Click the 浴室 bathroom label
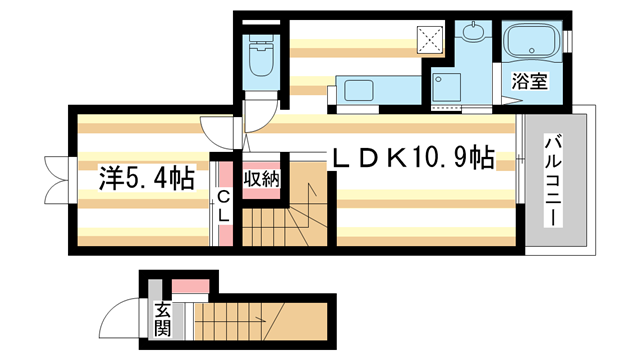point(529,81)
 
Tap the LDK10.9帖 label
point(413,158)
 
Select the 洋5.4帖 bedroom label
point(147,178)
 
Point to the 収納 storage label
point(262,179)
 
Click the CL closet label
point(223,207)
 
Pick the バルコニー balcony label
point(553,182)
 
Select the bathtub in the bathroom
point(532,41)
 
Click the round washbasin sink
point(473,32)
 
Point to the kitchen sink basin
point(359,90)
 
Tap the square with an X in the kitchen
point(430,40)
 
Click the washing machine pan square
point(447,87)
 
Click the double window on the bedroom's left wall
point(59,180)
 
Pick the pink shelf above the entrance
point(191,286)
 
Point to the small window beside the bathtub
point(567,41)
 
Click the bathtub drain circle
point(532,51)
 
